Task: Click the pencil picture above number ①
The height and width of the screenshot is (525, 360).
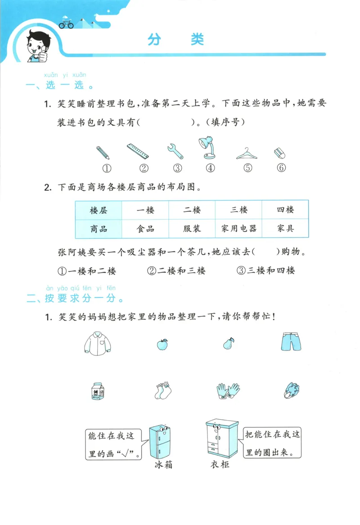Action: point(103,152)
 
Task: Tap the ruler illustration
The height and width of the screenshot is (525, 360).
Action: point(138,152)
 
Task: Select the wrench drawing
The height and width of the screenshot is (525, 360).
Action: point(175,151)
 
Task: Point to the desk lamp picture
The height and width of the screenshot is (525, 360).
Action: point(207,148)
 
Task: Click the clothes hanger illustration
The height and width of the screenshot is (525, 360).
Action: point(248,154)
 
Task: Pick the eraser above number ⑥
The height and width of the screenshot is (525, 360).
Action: point(280,153)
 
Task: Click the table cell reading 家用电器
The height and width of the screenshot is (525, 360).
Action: point(238,229)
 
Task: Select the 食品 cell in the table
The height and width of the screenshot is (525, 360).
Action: point(145,229)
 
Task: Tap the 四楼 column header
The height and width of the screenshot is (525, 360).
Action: point(285,210)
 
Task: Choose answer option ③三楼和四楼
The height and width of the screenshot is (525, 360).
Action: point(265,270)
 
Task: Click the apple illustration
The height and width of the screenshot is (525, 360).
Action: point(162,344)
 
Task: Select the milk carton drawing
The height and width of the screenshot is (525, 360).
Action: point(97,391)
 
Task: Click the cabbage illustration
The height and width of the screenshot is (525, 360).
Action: point(292,390)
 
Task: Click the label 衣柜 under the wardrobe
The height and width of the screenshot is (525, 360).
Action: point(220,464)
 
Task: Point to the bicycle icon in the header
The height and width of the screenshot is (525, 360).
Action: point(66,24)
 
